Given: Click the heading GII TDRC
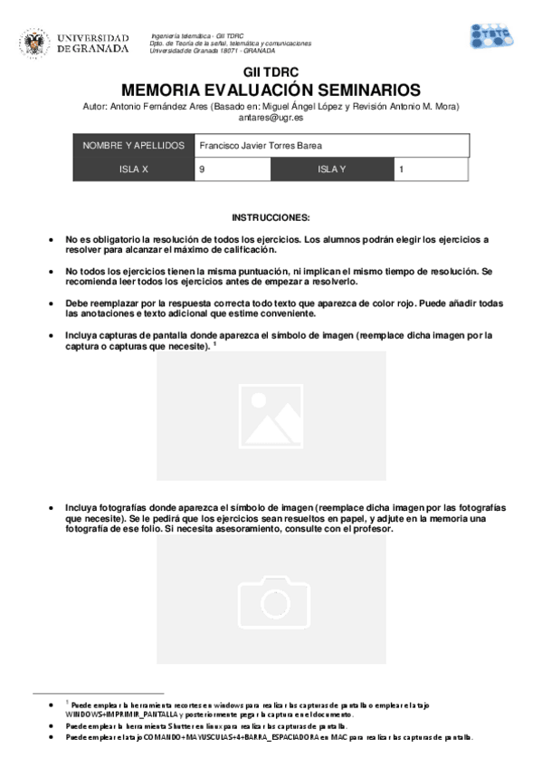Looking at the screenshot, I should pyautogui.click(x=271, y=73).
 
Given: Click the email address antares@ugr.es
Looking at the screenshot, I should pyautogui.click(x=271, y=118).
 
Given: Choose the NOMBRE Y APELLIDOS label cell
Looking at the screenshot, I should pyautogui.click(x=133, y=146).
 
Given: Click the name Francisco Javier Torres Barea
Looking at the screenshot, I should pyautogui.click(x=260, y=146).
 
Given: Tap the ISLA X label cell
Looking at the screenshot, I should pyautogui.click(x=133, y=169).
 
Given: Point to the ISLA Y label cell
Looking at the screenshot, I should pyautogui.click(x=332, y=169).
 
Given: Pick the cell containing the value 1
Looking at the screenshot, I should pyautogui.click(x=431, y=169).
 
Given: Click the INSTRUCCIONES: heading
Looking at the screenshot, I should pyautogui.click(x=271, y=218).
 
